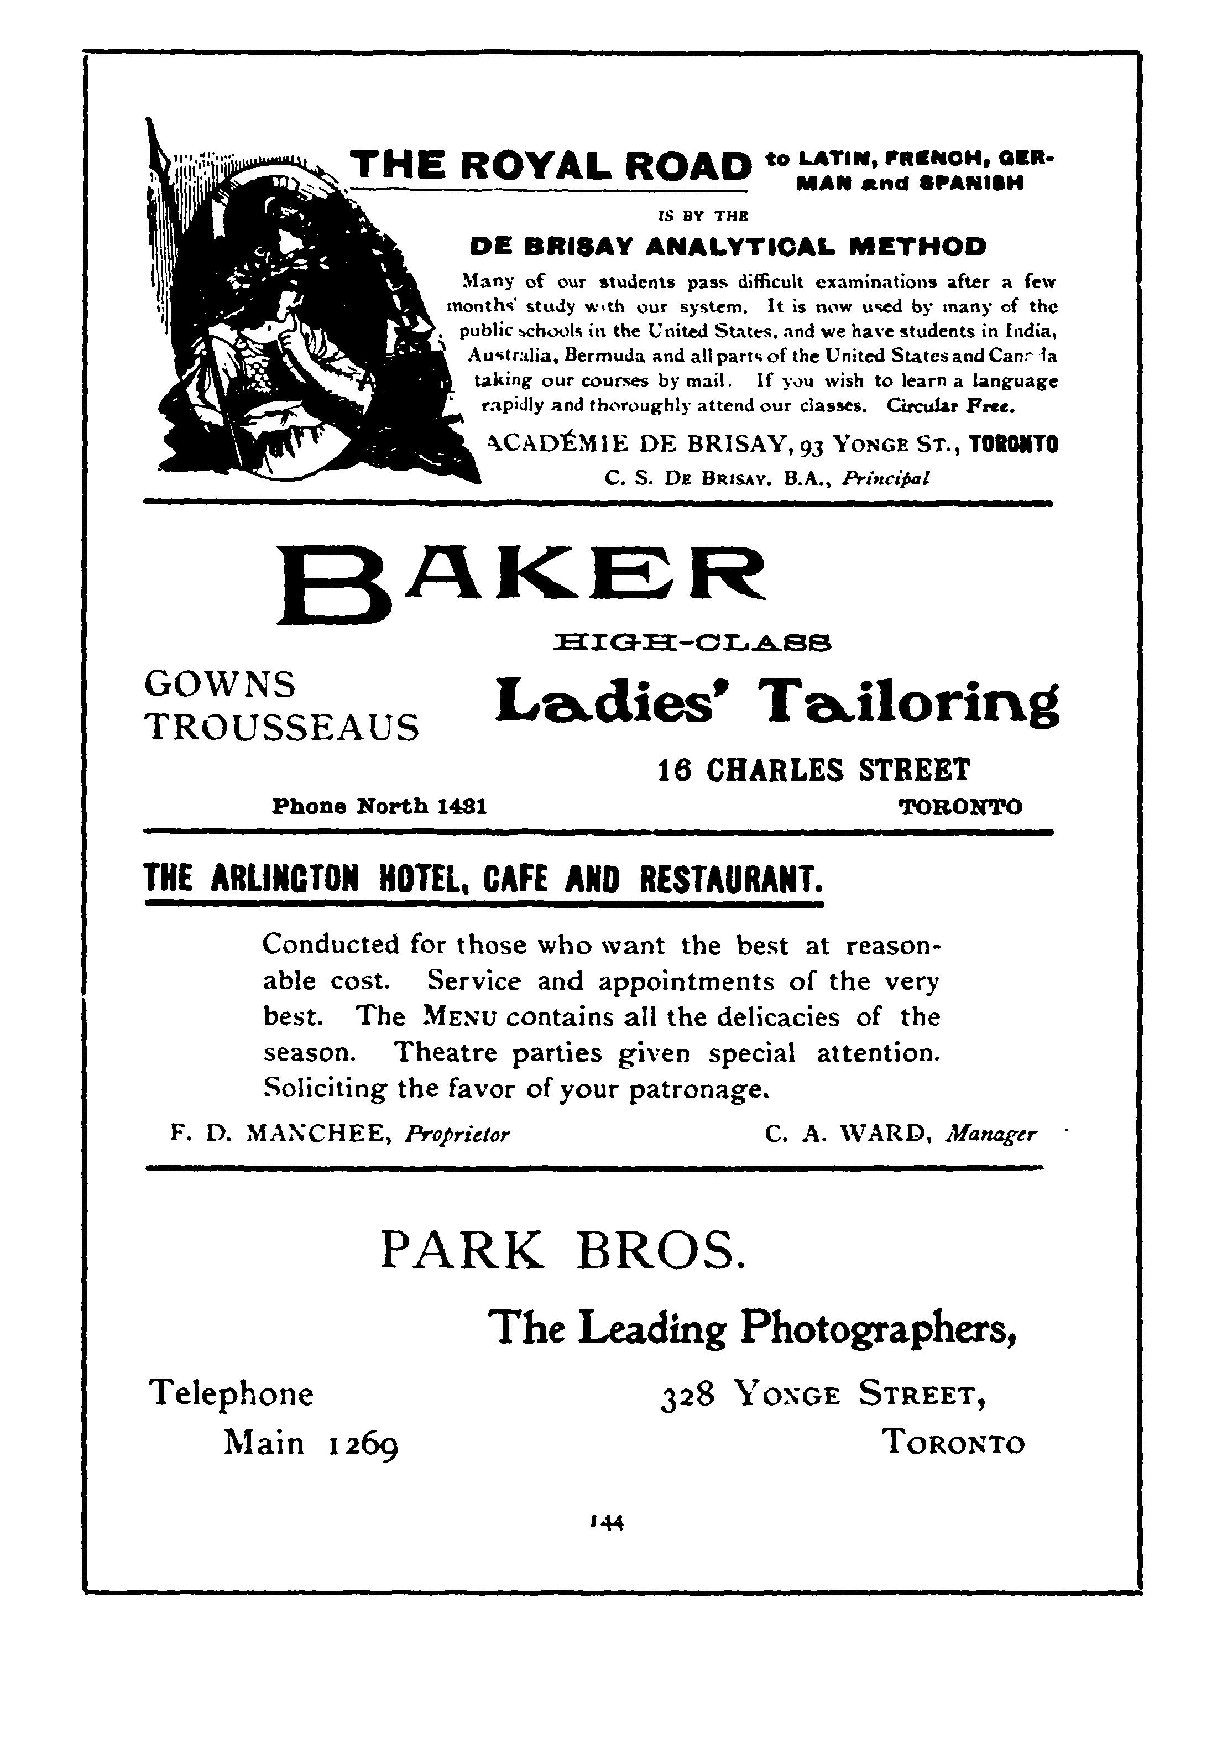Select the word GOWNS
(220, 685)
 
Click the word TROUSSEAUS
(282, 728)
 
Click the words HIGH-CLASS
(693, 644)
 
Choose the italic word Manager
(991, 1135)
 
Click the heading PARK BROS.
(562, 1250)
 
